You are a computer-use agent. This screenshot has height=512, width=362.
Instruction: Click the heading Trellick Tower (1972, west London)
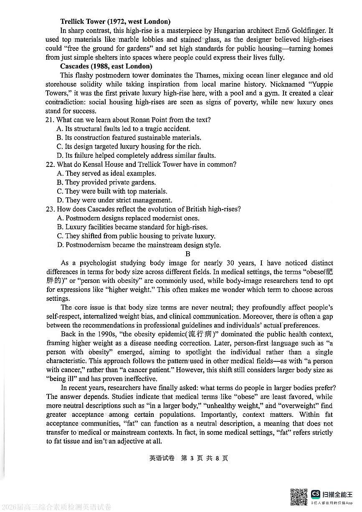(115, 21)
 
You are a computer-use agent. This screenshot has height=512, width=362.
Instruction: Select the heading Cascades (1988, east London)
(106, 66)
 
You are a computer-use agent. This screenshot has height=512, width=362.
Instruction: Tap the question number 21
(50, 120)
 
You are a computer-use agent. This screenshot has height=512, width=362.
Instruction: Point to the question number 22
(50, 164)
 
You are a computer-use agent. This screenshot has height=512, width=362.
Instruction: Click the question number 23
(50, 209)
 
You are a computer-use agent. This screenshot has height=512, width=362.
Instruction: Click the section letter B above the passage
(188, 254)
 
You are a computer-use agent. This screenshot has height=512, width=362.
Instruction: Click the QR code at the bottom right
(299, 497)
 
